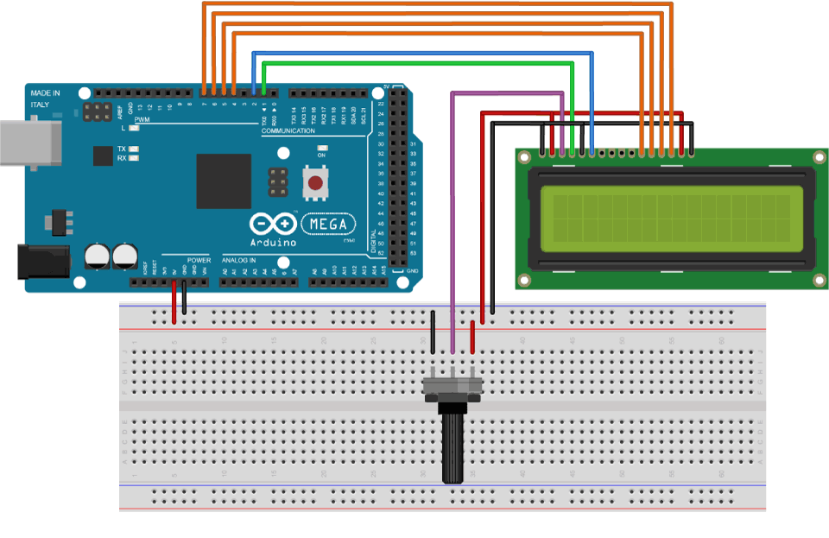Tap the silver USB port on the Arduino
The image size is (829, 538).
tap(29, 142)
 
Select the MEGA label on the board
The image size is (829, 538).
tap(328, 225)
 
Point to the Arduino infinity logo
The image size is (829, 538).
tap(273, 225)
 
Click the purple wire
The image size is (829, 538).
tap(452, 216)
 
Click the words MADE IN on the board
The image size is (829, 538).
tap(46, 92)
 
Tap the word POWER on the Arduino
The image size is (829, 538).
tap(199, 259)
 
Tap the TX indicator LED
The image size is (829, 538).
tap(134, 149)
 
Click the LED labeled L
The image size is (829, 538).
tap(134, 128)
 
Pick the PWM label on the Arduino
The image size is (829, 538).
tap(142, 120)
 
